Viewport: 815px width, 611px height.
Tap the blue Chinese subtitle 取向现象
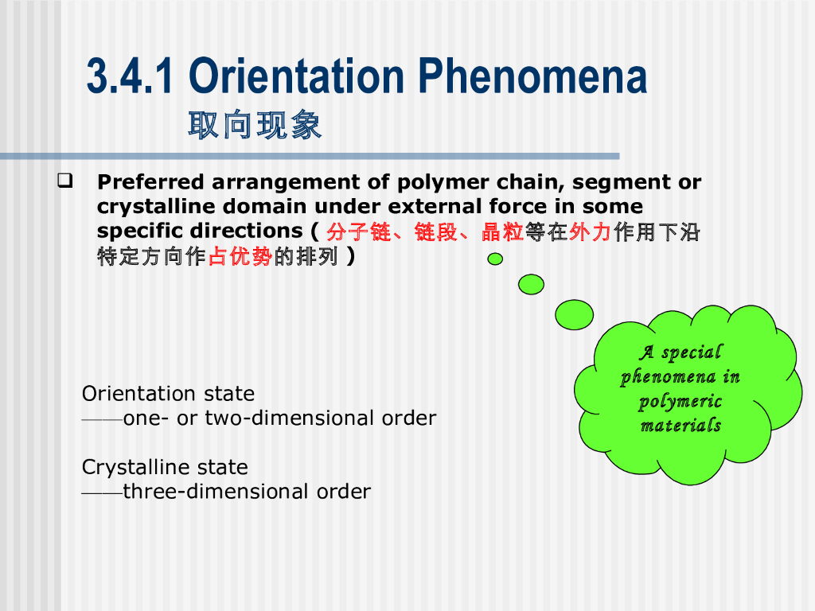(255, 125)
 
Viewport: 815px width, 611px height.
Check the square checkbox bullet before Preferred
(65, 181)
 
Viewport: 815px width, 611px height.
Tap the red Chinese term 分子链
(359, 232)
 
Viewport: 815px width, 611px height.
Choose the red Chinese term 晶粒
(503, 232)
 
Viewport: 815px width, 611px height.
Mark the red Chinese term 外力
(591, 232)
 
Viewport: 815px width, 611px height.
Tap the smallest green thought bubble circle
(495, 259)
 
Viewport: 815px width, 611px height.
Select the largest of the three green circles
(575, 315)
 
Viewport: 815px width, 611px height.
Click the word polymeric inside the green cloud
(680, 402)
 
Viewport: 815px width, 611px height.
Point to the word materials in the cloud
(681, 425)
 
